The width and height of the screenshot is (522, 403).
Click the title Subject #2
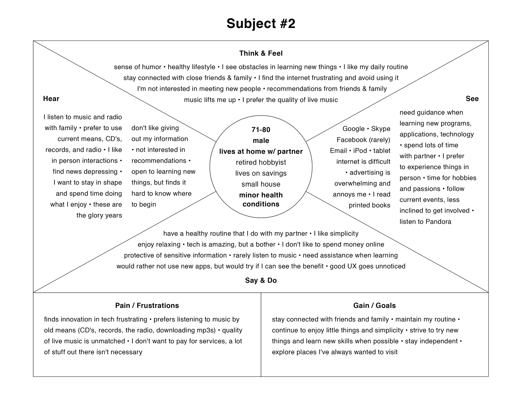[x=261, y=24]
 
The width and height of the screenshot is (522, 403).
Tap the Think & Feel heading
[x=261, y=53]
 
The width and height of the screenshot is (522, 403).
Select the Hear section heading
[x=51, y=99]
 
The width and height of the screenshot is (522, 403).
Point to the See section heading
[x=472, y=99]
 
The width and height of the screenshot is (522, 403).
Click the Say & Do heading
[x=261, y=280]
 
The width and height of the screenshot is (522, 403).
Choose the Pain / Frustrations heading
[x=147, y=306]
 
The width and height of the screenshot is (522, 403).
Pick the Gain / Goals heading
[x=374, y=306]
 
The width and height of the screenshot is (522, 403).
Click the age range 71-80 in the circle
[x=261, y=130]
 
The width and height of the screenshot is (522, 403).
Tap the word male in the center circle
[x=261, y=141]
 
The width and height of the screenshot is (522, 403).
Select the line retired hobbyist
[x=261, y=162]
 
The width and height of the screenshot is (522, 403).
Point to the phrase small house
[x=261, y=184]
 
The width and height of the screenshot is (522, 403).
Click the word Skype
[x=381, y=129]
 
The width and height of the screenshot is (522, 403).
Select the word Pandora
[x=438, y=222]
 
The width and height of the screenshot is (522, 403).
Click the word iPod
[x=360, y=151]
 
